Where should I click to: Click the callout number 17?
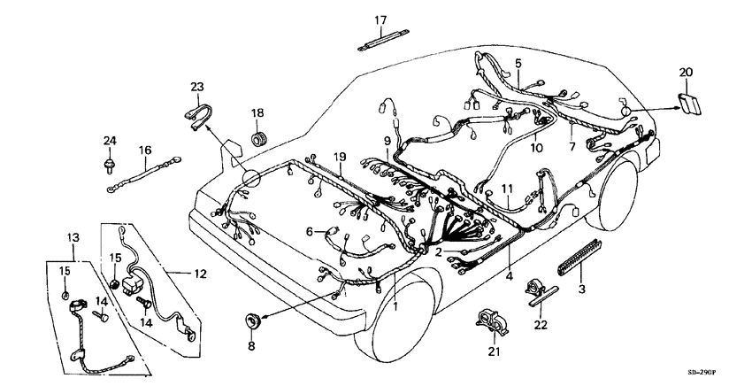380,20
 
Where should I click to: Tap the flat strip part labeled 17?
380,43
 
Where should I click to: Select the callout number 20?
687,72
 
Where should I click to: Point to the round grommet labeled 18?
259,139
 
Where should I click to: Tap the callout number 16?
145,151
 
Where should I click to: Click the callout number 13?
73,238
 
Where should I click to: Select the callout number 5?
518,63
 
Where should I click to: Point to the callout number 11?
506,189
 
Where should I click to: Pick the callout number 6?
310,231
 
